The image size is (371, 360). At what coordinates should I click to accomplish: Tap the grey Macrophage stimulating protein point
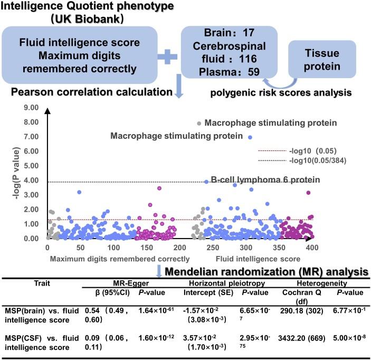click(x=199, y=122)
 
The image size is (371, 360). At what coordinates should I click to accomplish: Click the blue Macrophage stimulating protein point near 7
click(x=250, y=137)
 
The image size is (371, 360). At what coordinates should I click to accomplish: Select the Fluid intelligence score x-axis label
click(x=258, y=259)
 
